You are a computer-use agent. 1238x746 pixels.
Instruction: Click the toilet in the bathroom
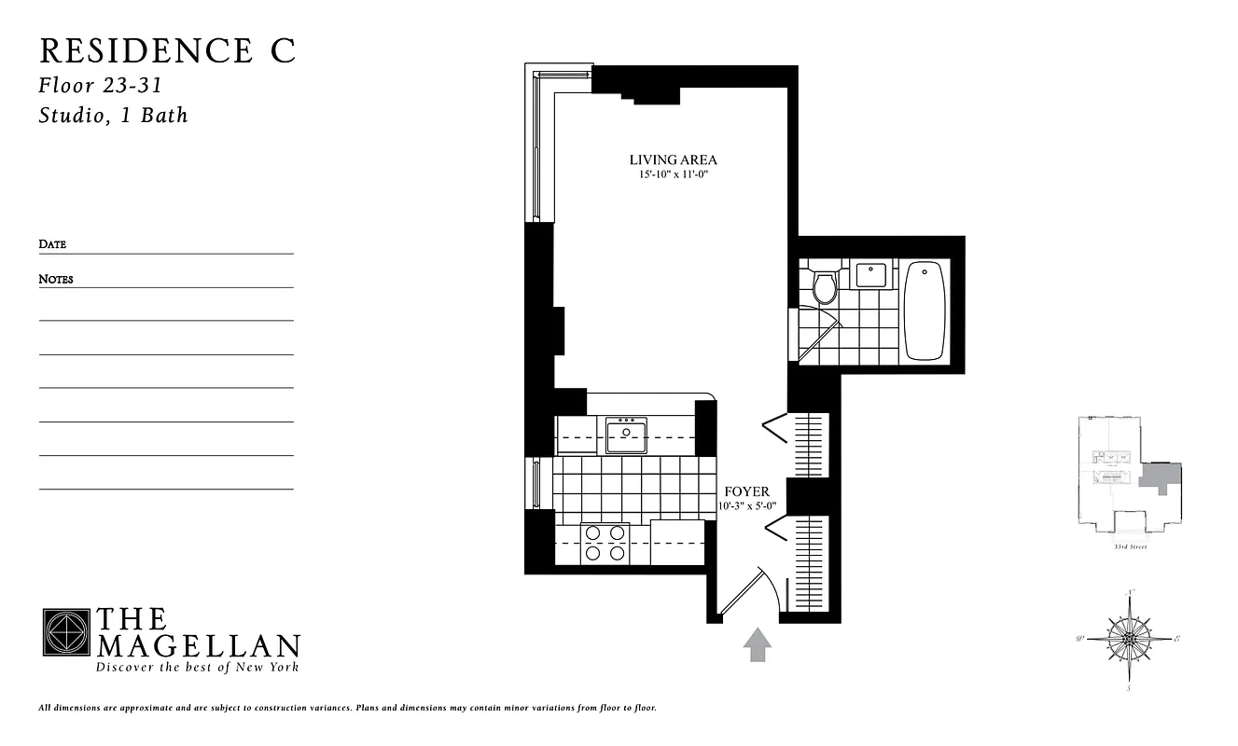pos(824,287)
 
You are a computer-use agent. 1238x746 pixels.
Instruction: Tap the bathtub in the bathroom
pos(925,311)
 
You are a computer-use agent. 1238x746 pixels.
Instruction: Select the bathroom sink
pos(870,276)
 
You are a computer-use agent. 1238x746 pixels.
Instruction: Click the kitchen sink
pos(627,435)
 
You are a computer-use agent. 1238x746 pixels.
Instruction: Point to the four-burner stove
pos(605,543)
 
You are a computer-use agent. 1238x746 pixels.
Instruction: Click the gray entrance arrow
pos(757,644)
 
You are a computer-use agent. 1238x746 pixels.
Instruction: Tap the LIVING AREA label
pos(673,160)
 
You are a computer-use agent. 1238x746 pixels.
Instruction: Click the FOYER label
pos(747,491)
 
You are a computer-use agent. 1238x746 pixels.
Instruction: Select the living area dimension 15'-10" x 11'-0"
pos(673,174)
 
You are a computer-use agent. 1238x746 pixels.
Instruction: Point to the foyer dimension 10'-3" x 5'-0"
pos(747,505)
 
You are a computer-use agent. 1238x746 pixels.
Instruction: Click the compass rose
pos(1130,639)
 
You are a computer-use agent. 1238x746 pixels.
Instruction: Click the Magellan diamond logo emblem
pos(65,632)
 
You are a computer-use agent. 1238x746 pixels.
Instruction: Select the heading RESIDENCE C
pos(168,52)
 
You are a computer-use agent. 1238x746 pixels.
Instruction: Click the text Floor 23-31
pos(101,86)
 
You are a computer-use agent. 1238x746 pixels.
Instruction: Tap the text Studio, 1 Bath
pos(113,116)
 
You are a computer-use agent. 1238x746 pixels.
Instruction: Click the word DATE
pos(52,244)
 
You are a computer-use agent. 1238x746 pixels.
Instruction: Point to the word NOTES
pos(56,279)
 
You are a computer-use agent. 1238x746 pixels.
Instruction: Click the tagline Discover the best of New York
pos(198,667)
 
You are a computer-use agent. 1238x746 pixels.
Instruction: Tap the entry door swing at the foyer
pos(746,592)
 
